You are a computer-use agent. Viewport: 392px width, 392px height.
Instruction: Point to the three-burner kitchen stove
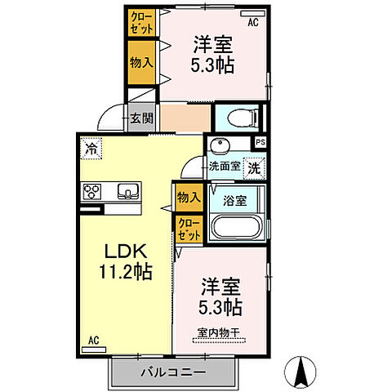[91, 193]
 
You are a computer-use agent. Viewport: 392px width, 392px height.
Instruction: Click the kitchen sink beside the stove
[128, 192]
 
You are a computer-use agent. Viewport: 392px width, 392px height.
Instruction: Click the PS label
[260, 142]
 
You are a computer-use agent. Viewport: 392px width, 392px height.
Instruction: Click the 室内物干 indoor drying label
[220, 332]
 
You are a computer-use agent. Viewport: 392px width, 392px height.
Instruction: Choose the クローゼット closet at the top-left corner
[140, 21]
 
